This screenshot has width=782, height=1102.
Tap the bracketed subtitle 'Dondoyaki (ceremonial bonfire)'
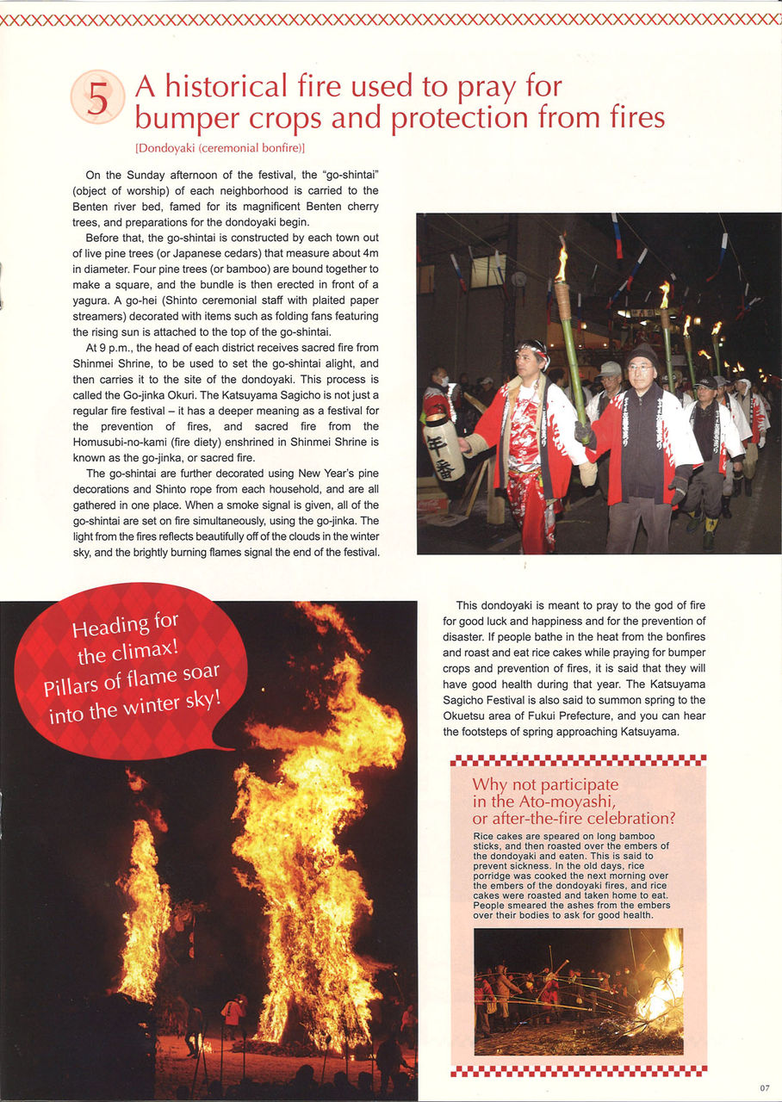coord(220,147)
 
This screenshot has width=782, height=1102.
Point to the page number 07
coord(765,1087)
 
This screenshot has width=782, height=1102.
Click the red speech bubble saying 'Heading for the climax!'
coord(129,672)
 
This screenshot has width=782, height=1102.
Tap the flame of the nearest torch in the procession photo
coord(562,263)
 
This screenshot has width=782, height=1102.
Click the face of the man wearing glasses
coord(640,371)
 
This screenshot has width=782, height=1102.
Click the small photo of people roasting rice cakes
coord(578,991)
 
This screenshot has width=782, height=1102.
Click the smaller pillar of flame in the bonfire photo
coord(142,913)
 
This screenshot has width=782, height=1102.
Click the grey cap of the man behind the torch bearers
coord(611,368)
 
